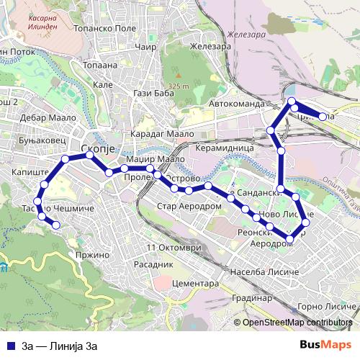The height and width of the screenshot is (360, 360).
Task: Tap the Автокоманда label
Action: coord(237,104)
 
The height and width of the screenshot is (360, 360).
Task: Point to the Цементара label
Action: coord(196,284)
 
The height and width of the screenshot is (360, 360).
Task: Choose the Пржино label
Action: coord(91,254)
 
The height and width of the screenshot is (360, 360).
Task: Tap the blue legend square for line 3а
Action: coord(10,345)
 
